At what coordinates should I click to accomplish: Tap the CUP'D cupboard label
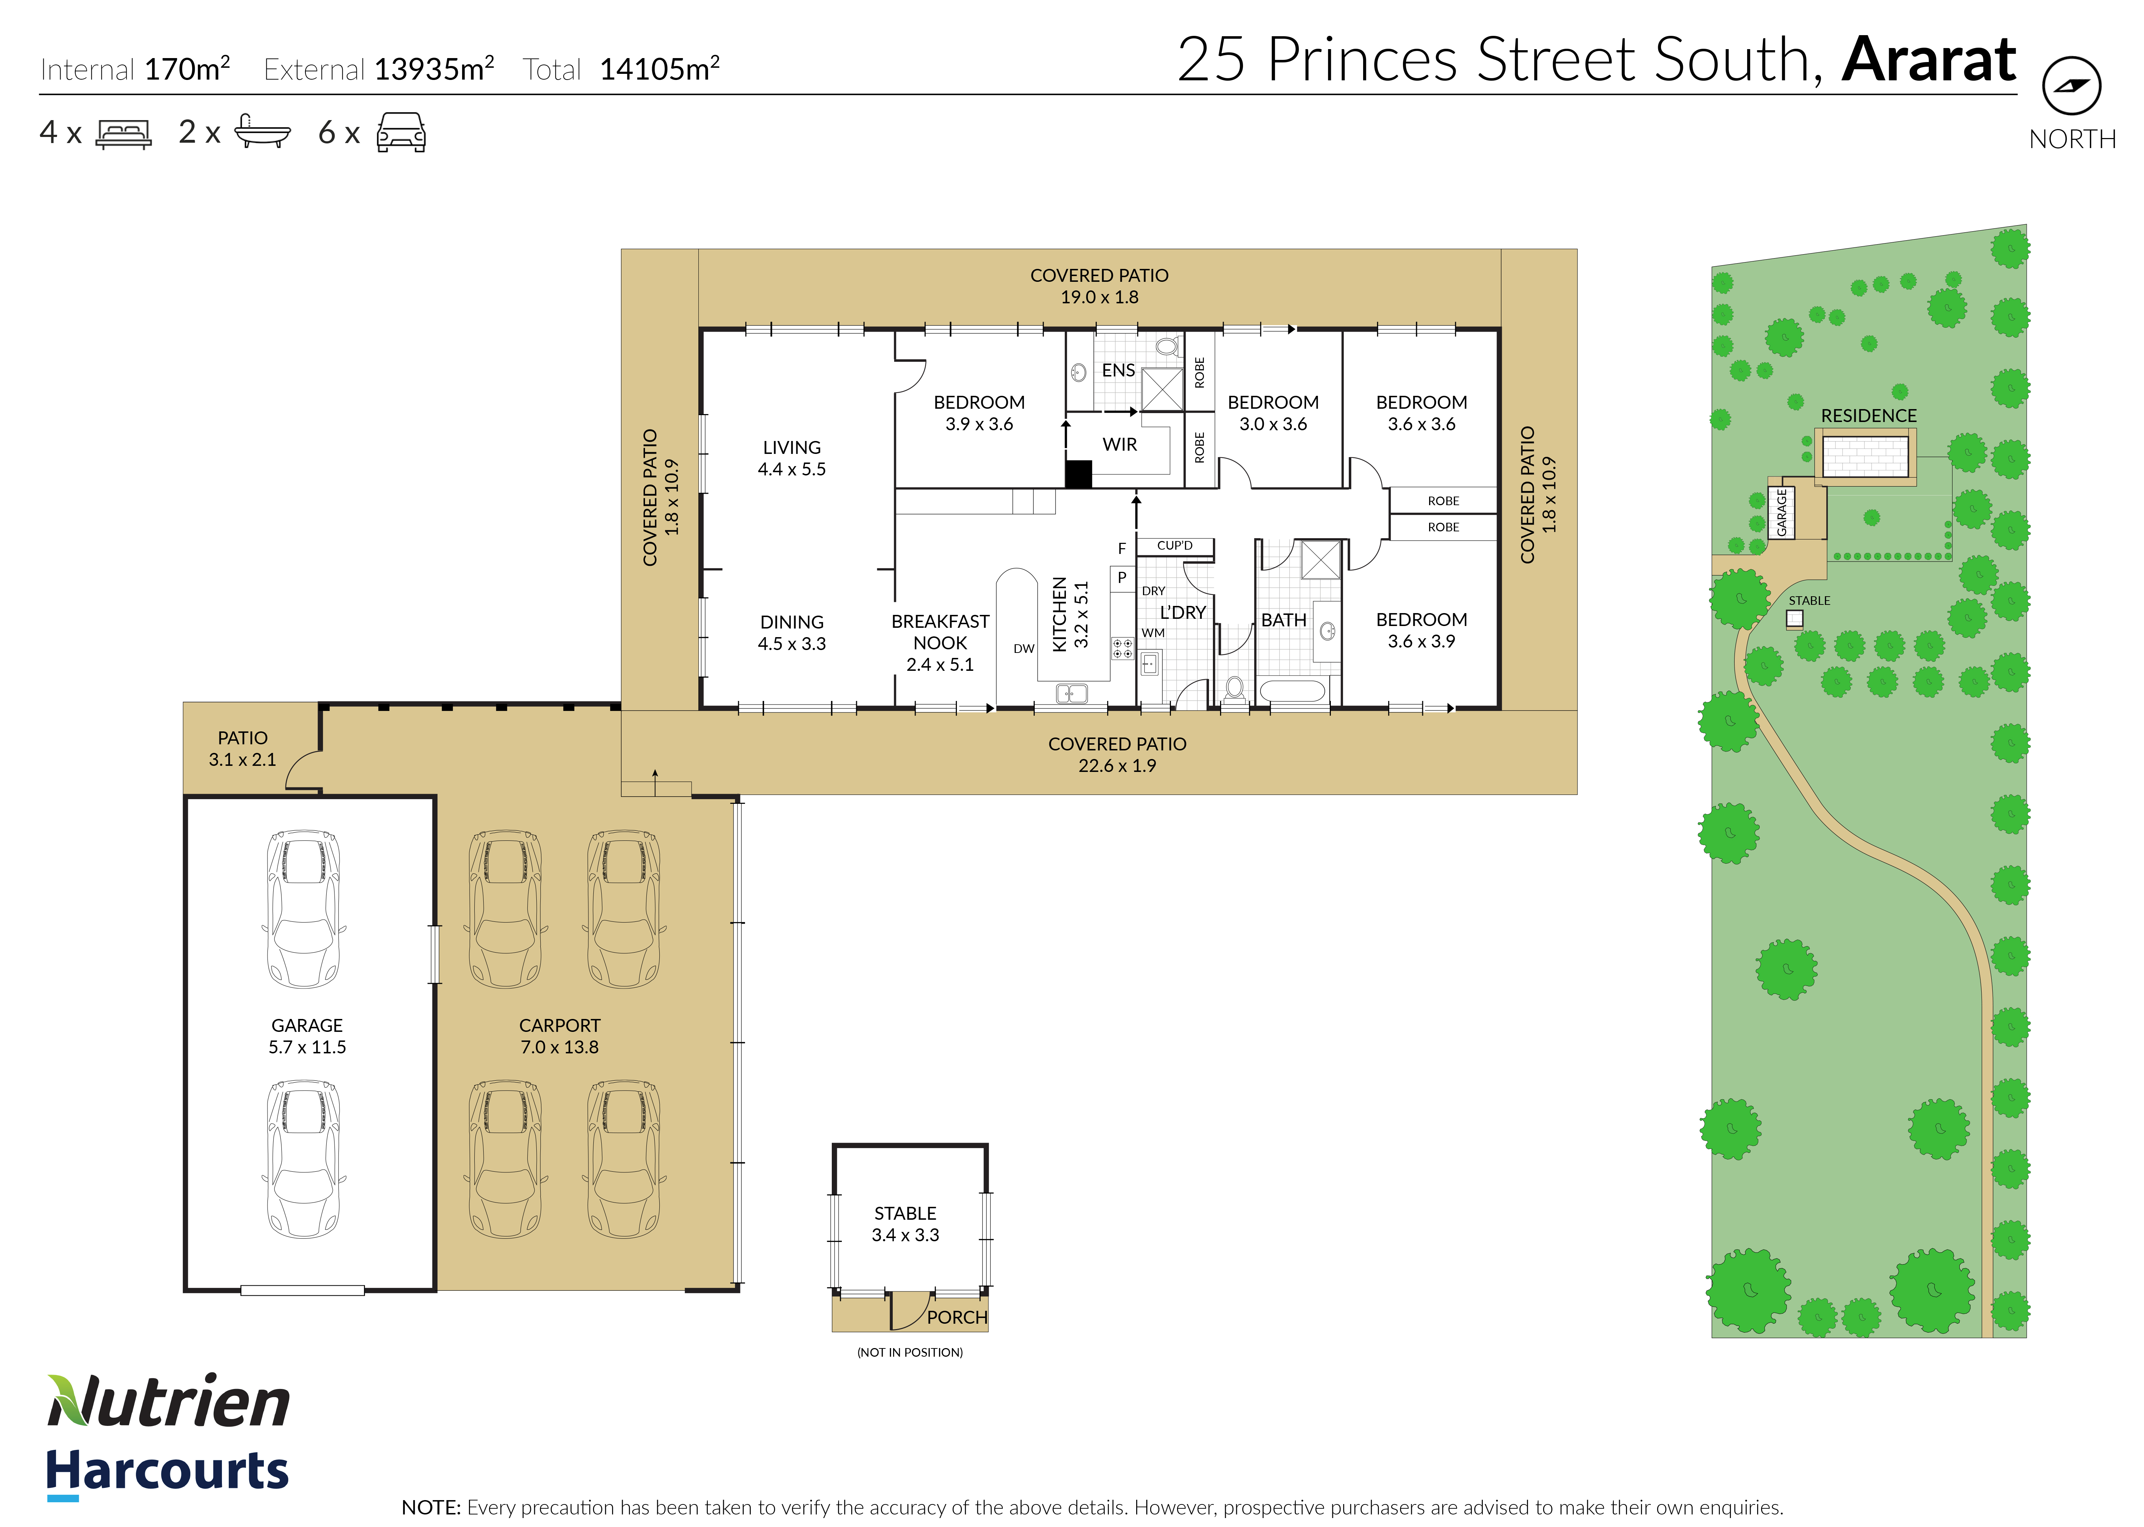pyautogui.click(x=1175, y=545)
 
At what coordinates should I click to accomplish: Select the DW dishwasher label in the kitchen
pyautogui.click(x=1024, y=649)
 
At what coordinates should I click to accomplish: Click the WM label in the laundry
pyautogui.click(x=1153, y=633)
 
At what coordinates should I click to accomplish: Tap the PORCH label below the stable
pyautogui.click(x=956, y=1317)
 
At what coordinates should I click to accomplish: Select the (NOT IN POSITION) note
pyautogui.click(x=909, y=1352)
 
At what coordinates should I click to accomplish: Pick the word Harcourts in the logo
pyautogui.click(x=167, y=1471)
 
